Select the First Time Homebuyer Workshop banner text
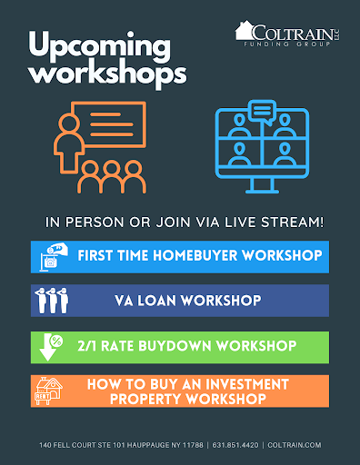click(199, 256)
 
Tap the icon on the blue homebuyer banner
click(51, 257)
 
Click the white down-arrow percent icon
click(51, 347)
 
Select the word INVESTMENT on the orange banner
click(244, 384)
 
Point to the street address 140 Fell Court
click(77, 446)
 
